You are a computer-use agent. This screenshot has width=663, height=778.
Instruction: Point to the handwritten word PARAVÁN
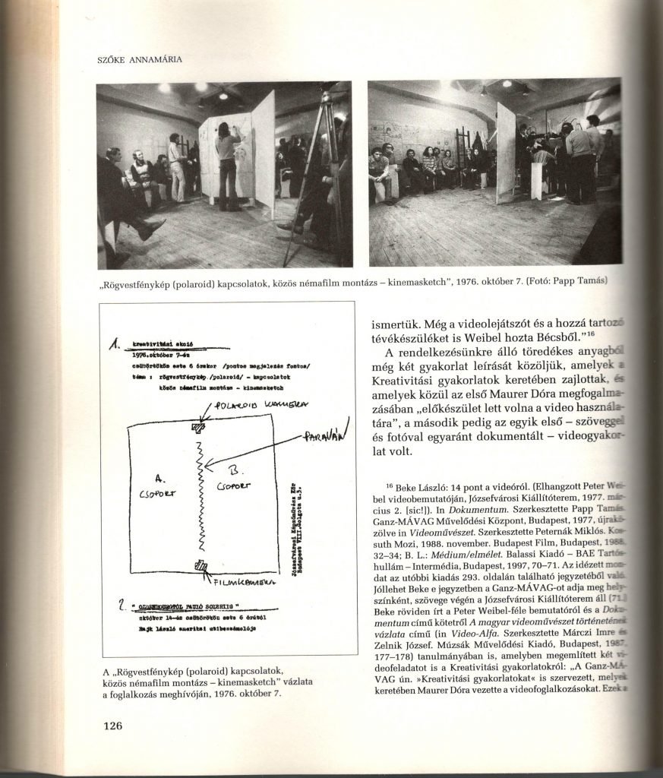point(324,439)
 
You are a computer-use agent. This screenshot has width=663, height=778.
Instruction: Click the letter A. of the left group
point(159,478)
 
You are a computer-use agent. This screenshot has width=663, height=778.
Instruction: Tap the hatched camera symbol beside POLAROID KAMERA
point(200,426)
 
